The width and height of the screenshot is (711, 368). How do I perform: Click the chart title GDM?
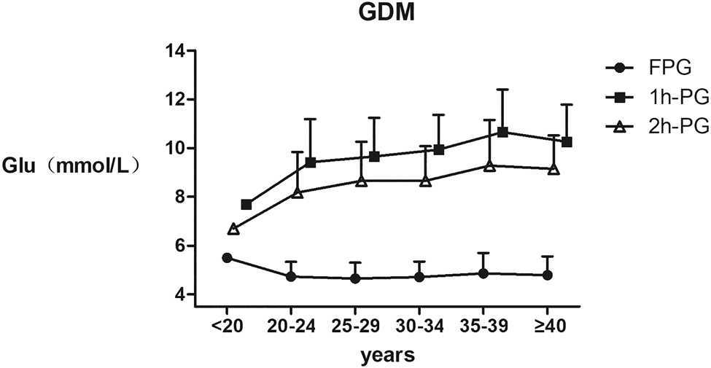coord(386,13)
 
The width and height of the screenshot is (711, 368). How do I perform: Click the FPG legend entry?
coord(656,68)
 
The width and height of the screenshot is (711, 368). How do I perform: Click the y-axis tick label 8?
coord(177,197)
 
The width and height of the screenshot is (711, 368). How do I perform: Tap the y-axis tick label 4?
coord(177,294)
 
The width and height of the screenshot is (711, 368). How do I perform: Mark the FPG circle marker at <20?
coord(227,258)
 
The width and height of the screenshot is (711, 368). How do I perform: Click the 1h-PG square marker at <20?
coord(246,205)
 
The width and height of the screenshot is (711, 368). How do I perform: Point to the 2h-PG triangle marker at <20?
coord(233,229)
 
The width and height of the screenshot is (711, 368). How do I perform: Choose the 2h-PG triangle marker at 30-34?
coord(426,180)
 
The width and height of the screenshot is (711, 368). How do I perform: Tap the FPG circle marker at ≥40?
coord(547,275)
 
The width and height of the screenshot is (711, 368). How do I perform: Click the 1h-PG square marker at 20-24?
coord(311,163)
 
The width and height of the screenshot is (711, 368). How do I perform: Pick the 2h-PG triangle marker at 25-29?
coord(362,180)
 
